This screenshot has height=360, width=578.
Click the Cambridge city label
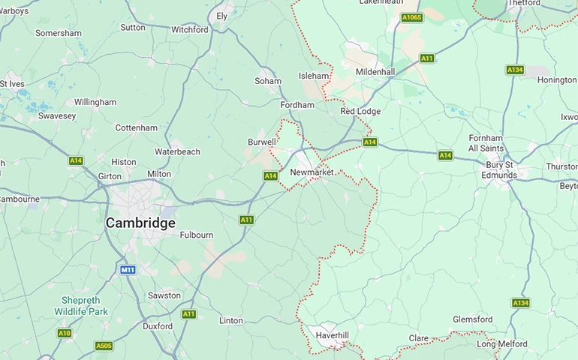[140, 223]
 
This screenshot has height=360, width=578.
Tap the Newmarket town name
[312, 172]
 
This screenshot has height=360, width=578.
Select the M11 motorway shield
[128, 269]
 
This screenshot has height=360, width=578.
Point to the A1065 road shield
[411, 17]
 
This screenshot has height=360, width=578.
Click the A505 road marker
[104, 346]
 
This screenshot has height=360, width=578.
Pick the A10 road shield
[65, 333]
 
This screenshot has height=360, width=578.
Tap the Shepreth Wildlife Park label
[85, 305]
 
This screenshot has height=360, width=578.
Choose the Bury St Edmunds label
[501, 170]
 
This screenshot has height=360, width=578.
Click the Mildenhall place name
[375, 72]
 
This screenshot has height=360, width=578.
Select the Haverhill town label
[333, 334]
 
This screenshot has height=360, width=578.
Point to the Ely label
[222, 16]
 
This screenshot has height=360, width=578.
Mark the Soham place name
[268, 81]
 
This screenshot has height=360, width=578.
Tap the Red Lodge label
[360, 111]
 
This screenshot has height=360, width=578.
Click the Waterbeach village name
[177, 151]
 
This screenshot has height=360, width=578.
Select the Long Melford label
[501, 344]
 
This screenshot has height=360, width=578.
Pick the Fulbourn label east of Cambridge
[197, 235]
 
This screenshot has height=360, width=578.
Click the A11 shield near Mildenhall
[427, 58]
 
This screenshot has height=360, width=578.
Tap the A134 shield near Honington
[514, 70]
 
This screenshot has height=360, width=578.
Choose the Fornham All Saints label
[486, 143]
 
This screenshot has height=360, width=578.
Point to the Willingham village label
[95, 102]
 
